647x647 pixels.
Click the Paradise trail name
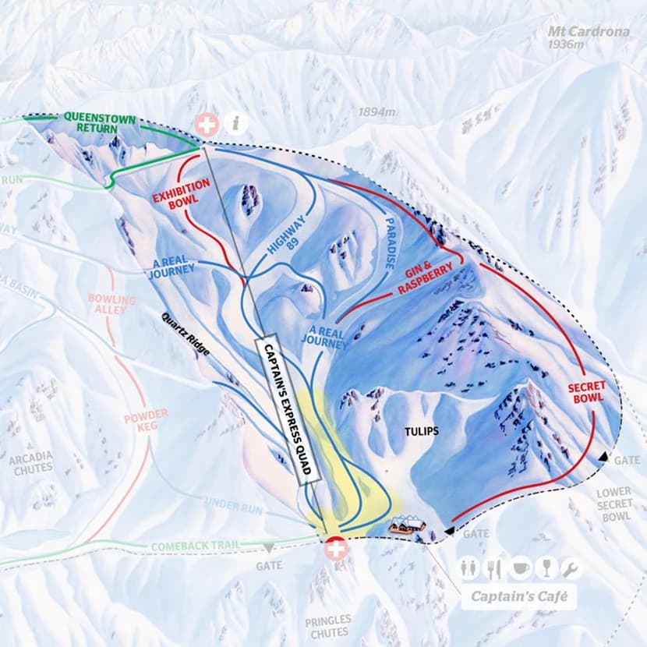click(x=390, y=243)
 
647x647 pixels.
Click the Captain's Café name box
click(x=518, y=599)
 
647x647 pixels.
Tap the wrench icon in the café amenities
click(x=571, y=568)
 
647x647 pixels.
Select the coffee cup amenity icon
click(x=520, y=568)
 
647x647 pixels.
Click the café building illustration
click(x=408, y=526)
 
